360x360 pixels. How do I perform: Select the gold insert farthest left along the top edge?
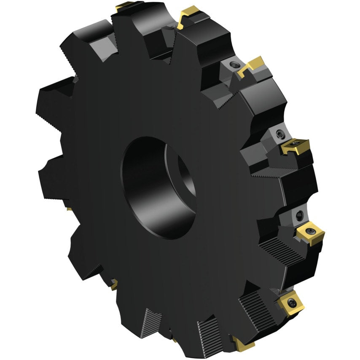tap(125, 5)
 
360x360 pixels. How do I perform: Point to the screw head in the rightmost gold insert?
tap(311, 231)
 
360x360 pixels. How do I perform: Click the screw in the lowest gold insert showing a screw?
tap(291, 302)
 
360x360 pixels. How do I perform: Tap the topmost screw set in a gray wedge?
tap(234, 65)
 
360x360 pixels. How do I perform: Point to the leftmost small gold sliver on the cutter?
tap(68, 209)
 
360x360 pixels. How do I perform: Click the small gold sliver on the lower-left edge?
tap(113, 286)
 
